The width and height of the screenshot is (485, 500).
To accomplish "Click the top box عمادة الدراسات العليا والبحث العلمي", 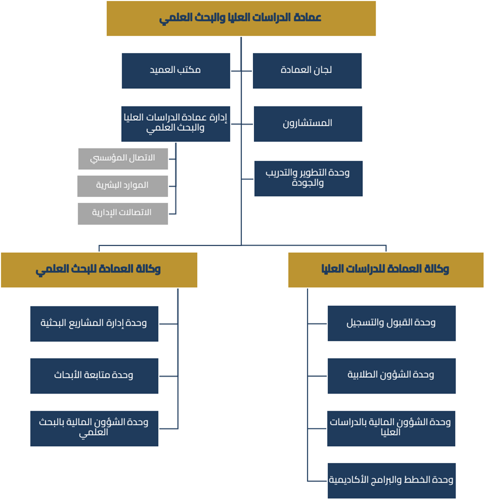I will click(241, 18).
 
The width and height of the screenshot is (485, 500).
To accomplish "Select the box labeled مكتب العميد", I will click(176, 70).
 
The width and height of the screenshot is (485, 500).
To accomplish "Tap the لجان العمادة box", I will click(307, 70).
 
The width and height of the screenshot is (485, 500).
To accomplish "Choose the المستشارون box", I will click(308, 123).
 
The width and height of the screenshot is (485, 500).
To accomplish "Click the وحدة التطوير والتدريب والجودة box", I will click(308, 178).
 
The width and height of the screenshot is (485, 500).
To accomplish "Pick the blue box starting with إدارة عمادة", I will click(176, 123).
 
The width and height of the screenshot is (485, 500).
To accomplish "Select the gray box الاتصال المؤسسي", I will click(123, 158).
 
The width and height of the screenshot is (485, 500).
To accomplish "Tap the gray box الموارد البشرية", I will click(123, 186).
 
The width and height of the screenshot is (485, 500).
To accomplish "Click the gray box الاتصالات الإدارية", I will click(123, 213).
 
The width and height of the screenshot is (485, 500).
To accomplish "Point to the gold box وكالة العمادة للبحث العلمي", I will click(99, 270).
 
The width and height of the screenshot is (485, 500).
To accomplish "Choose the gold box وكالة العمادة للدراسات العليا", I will click(386, 270).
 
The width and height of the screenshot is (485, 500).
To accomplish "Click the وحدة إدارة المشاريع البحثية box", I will click(94, 324).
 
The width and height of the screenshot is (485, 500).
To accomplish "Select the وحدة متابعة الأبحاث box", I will click(94, 376).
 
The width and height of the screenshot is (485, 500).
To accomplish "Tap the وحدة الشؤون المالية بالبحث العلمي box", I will click(94, 428).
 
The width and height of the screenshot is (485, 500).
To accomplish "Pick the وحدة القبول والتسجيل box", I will click(391, 323).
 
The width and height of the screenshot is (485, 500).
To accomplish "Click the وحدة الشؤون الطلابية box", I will click(391, 375).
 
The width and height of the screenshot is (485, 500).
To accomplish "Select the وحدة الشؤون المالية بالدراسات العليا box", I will click(391, 428).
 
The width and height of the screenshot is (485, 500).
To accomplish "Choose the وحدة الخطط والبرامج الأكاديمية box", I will click(391, 480).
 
